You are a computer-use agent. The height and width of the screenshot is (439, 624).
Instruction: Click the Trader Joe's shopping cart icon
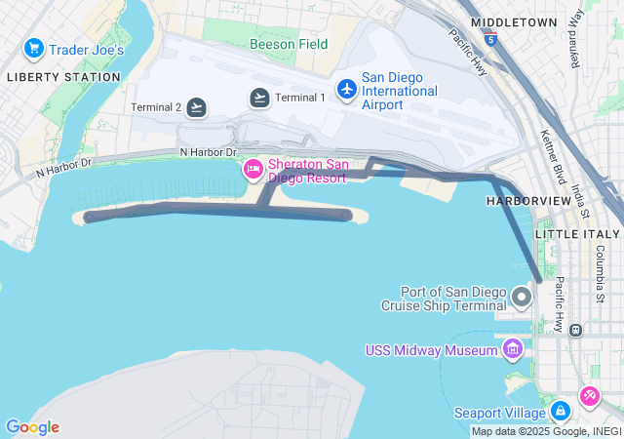[x=34, y=48]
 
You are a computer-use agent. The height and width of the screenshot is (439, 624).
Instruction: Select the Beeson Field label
[x=289, y=44]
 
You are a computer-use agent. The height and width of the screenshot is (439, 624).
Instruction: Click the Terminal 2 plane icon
[x=197, y=107]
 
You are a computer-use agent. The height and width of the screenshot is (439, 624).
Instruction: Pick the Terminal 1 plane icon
[x=259, y=97]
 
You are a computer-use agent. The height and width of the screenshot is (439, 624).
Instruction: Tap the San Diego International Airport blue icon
[x=346, y=89]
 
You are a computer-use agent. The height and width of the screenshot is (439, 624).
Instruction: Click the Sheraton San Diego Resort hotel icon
[x=253, y=170]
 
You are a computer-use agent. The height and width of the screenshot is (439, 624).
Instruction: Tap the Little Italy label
[x=577, y=234]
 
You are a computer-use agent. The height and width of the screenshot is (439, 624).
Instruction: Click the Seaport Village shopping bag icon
[x=560, y=412]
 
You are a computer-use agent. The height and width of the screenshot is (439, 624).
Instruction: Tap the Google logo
[x=32, y=427]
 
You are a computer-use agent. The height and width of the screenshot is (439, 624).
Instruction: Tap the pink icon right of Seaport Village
[x=590, y=396]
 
